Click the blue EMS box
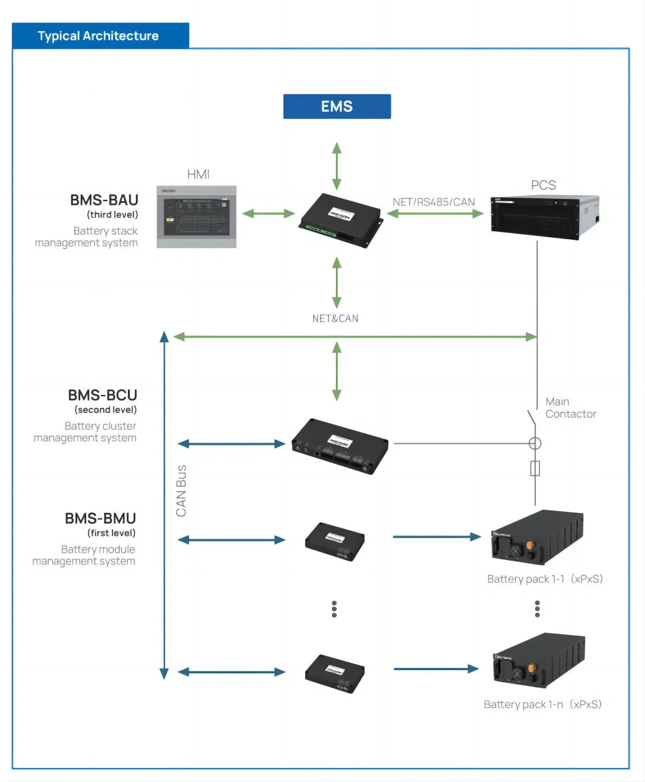pyautogui.click(x=337, y=106)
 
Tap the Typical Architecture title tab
pyautogui.click(x=100, y=36)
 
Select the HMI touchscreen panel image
pyautogui.click(x=196, y=217)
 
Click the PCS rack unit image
pyautogui.click(x=545, y=216)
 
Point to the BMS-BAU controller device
pyautogui.click(x=341, y=220)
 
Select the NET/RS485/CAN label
pyautogui.click(x=433, y=202)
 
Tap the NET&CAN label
pyautogui.click(x=335, y=319)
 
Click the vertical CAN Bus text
pyautogui.click(x=182, y=490)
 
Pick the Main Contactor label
pyautogui.click(x=570, y=408)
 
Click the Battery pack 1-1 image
pyautogui.click(x=537, y=537)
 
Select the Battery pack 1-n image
pyautogui.click(x=539, y=661)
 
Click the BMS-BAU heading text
pyautogui.click(x=104, y=200)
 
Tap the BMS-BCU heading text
pyautogui.click(x=103, y=395)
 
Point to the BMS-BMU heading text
pyautogui.click(x=100, y=518)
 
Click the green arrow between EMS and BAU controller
pyautogui.click(x=337, y=166)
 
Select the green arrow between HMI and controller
pyautogui.click(x=268, y=213)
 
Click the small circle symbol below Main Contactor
pyautogui.click(x=535, y=443)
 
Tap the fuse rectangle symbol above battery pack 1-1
pyautogui.click(x=535, y=469)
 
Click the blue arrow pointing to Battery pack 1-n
pyautogui.click(x=436, y=669)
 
